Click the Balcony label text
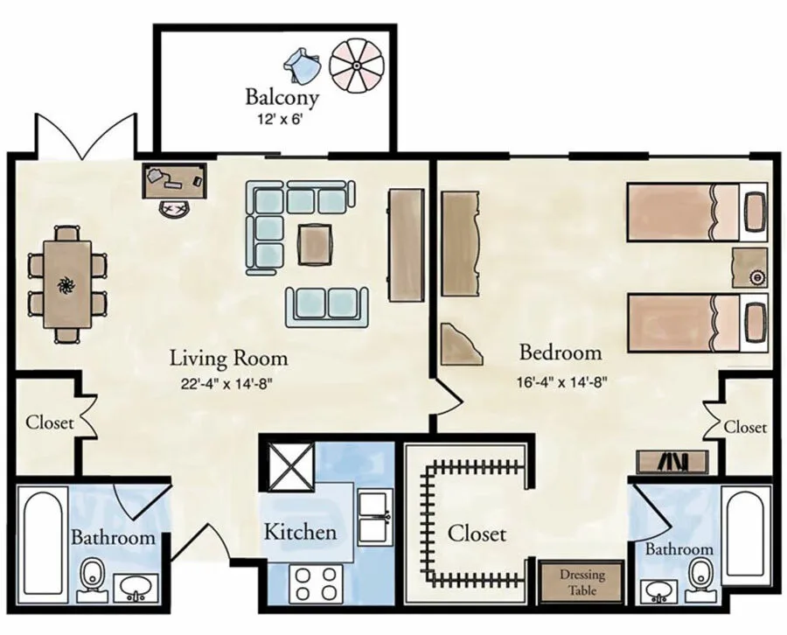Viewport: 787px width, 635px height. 281,95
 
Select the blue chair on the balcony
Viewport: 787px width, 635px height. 301,64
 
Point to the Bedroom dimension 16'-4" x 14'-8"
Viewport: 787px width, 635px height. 560,381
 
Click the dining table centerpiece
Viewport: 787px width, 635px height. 66,284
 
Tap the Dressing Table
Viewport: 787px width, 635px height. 581,582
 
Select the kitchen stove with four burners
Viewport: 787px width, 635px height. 317,584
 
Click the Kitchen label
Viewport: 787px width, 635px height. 300,531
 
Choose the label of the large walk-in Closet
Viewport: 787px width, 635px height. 477,533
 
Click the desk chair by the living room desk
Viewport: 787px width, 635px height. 174,208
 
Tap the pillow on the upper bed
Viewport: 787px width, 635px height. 754,212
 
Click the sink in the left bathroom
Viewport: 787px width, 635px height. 135,586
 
